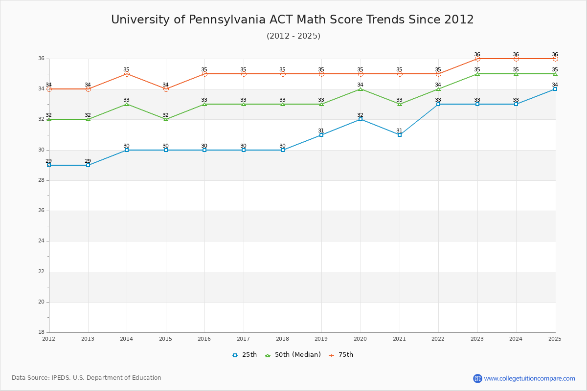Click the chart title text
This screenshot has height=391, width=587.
(x=293, y=20)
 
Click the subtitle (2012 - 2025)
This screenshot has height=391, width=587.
(x=293, y=36)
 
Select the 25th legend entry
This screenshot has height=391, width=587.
(x=245, y=355)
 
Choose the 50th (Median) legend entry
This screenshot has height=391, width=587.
(x=293, y=355)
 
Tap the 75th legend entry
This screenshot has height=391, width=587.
(x=341, y=355)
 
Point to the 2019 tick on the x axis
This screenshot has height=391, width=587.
(x=321, y=338)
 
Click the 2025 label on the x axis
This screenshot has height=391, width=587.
(x=555, y=338)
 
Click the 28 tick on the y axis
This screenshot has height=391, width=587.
(x=41, y=180)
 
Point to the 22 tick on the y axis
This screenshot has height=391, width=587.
(x=41, y=272)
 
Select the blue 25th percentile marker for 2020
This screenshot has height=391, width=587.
(x=361, y=119)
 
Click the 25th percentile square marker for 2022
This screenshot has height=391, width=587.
(x=438, y=104)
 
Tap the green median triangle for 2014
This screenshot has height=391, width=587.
(x=127, y=104)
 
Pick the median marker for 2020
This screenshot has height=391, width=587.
(x=361, y=89)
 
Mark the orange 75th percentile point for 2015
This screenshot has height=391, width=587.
(x=166, y=89)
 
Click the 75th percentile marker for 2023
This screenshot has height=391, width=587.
(x=477, y=59)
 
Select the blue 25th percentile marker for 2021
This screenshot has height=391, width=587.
(x=400, y=134)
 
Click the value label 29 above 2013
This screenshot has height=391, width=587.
(x=88, y=161)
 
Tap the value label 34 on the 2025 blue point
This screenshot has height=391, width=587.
(x=555, y=85)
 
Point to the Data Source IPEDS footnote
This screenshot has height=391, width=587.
(x=87, y=378)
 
